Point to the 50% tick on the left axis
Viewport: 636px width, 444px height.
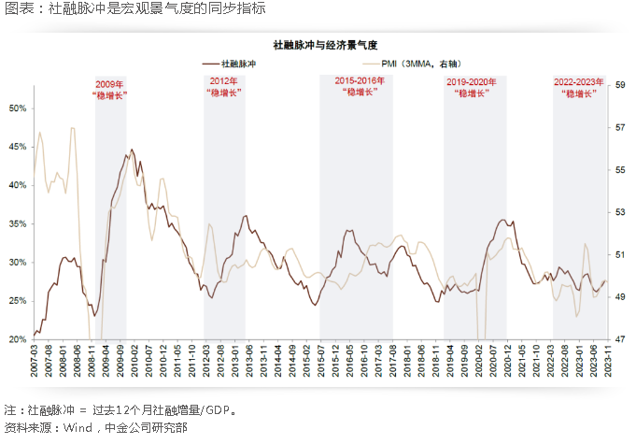[18, 108]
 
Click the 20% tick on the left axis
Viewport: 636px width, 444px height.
[18, 339]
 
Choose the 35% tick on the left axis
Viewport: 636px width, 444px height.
[18, 223]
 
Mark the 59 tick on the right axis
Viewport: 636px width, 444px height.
[619, 85]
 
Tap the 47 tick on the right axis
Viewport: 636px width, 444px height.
[619, 339]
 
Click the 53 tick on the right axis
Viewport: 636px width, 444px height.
[619, 212]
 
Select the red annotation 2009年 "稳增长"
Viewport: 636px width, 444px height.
[110, 90]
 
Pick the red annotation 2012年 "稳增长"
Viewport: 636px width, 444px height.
[224, 88]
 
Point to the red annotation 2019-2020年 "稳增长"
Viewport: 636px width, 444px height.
[473, 89]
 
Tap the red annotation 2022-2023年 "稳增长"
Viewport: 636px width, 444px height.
[579, 88]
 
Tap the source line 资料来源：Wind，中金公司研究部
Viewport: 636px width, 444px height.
[96, 427]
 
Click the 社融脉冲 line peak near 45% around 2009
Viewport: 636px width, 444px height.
[132, 150]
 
